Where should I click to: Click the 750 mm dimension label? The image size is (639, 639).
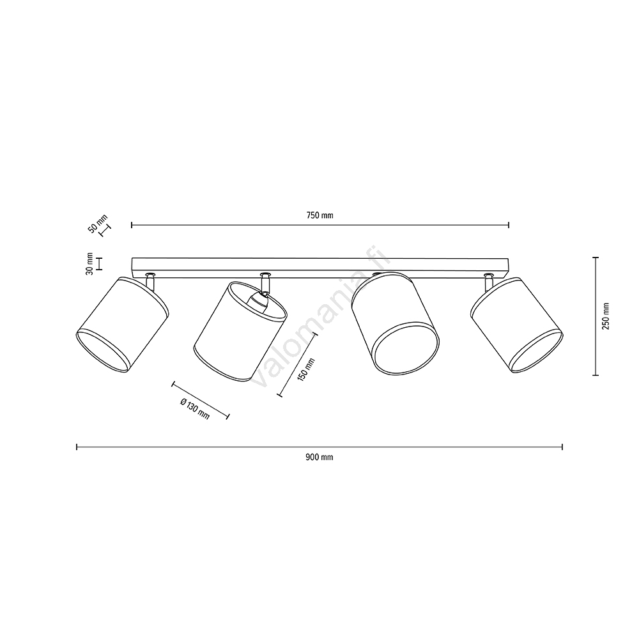319,215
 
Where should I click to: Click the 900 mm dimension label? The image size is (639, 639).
319,458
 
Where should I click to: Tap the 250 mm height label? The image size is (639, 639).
606,316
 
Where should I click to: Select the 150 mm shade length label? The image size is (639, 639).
307,369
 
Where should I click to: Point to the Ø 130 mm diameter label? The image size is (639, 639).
195,408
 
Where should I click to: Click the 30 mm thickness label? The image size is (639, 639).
89,264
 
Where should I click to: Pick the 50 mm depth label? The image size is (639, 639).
98,224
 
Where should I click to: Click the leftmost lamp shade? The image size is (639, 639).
122,325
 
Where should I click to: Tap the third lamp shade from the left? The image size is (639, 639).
396,323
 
